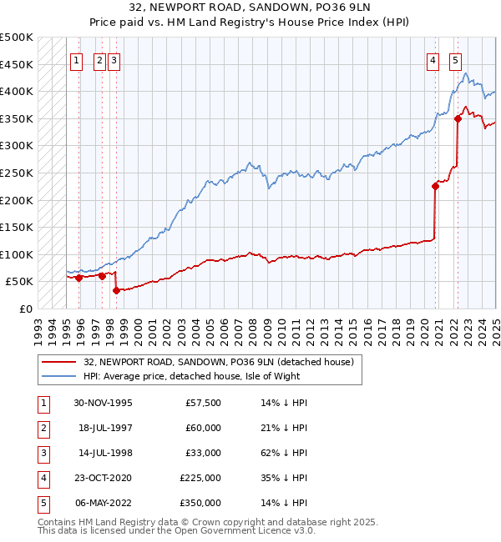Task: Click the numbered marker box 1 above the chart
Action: click(76, 60)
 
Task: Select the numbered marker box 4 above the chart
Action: click(433, 60)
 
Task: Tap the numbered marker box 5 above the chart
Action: click(455, 60)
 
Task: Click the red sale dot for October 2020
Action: click(435, 187)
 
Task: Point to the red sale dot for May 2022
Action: click(458, 118)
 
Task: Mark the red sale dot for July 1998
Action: click(115, 290)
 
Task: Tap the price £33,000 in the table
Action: click(203, 453)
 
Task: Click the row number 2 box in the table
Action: click(42, 428)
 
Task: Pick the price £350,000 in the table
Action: click(200, 503)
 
